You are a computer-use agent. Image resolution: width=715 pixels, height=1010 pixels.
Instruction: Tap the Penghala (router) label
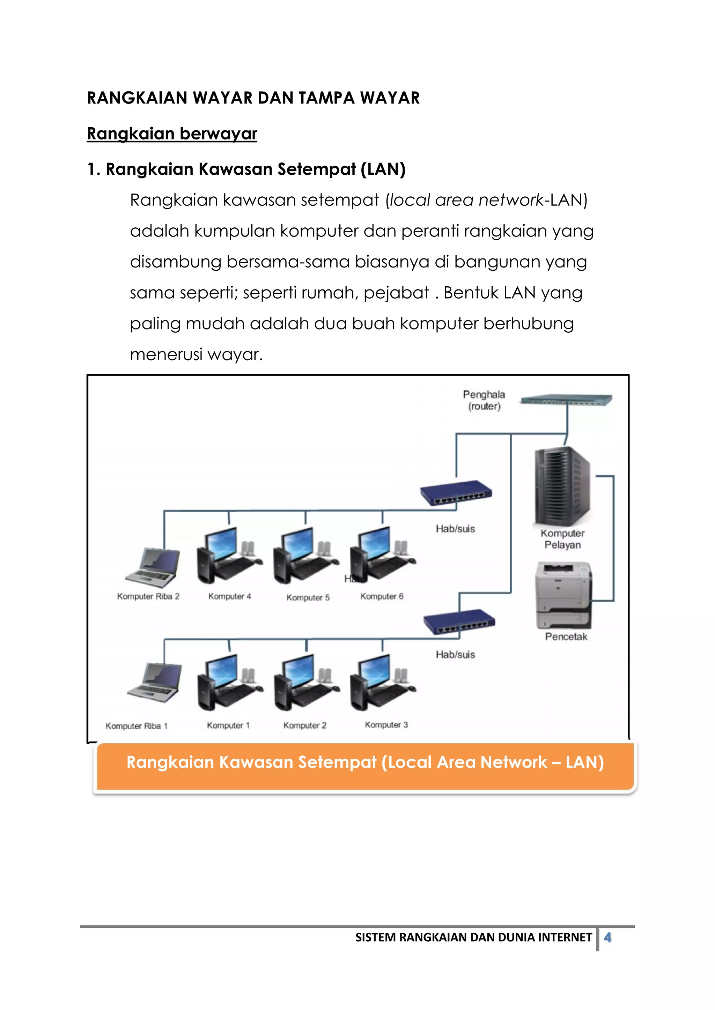coord(484,400)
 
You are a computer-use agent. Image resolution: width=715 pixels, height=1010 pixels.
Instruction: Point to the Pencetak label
coord(566,636)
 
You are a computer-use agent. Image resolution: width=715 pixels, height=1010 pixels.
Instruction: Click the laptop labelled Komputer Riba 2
coord(153,567)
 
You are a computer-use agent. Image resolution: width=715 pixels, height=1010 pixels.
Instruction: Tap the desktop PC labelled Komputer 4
coord(229,555)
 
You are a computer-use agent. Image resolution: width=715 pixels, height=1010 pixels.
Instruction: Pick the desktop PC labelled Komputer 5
coord(305,555)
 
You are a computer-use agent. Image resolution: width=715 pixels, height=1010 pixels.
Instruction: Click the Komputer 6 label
coord(382,596)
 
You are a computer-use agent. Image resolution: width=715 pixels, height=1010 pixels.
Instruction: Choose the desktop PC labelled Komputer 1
coord(229,683)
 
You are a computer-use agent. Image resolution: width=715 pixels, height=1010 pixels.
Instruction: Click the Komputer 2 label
coord(305,725)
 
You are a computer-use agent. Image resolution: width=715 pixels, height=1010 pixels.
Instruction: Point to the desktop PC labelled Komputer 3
coord(382,683)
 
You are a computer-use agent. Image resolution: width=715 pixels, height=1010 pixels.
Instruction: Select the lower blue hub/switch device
coord(459,621)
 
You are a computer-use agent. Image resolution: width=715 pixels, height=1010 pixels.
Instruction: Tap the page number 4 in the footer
coord(607,937)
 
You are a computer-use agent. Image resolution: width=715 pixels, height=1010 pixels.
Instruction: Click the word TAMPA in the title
coord(326,98)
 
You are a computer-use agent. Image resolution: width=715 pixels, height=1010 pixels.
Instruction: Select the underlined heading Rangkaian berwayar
coord(172,134)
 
